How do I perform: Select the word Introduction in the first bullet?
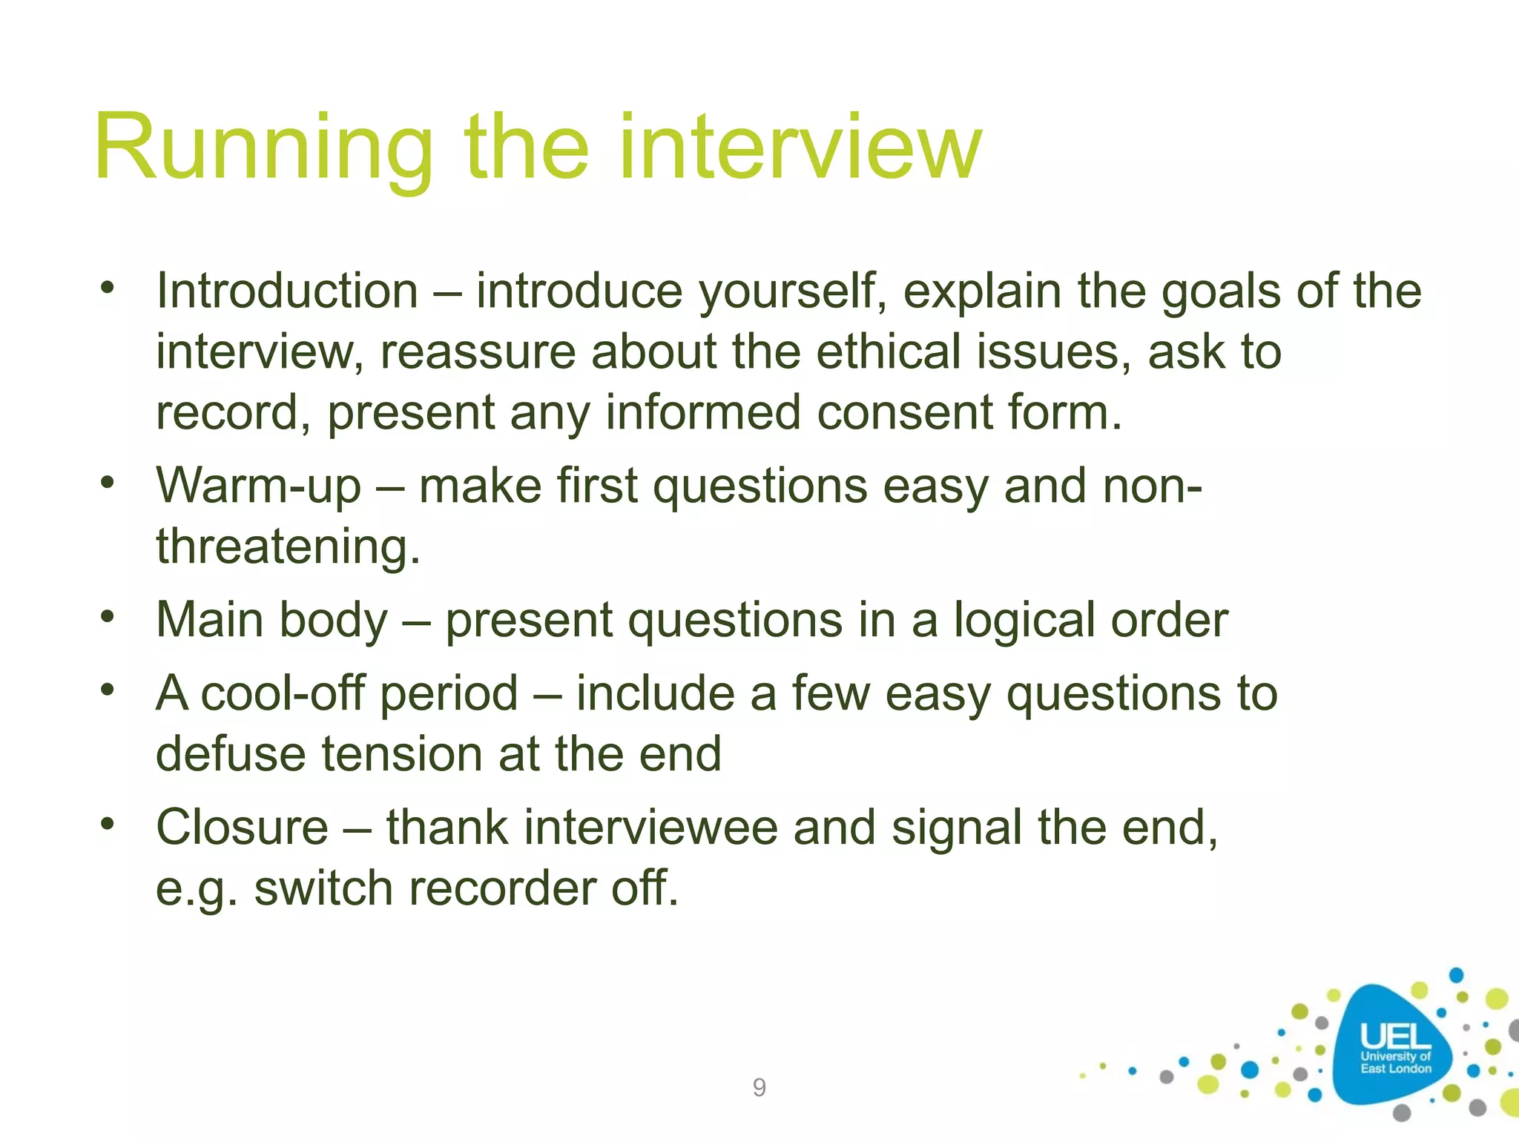(x=287, y=291)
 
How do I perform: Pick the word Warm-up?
(x=258, y=487)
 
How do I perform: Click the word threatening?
(x=288, y=547)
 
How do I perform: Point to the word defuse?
(x=231, y=754)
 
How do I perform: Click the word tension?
(x=402, y=754)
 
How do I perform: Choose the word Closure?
(x=242, y=828)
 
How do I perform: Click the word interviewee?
(x=650, y=828)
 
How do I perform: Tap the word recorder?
(x=501, y=888)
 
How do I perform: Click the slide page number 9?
(x=759, y=1087)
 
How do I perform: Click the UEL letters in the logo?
(x=1395, y=1037)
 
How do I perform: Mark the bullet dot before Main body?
(x=108, y=615)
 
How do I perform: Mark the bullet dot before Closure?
(x=108, y=823)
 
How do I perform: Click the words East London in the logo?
(x=1395, y=1069)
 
